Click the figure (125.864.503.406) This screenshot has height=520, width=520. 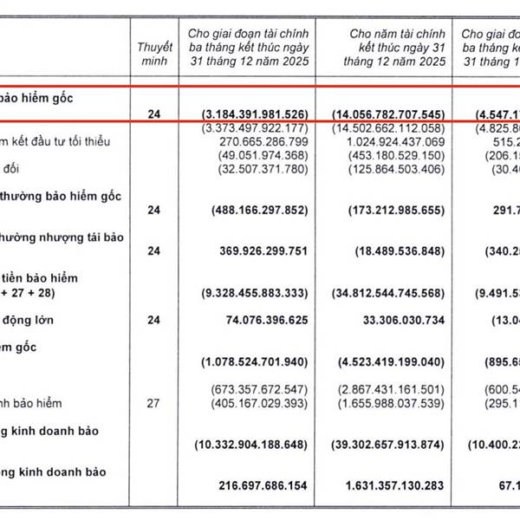click(389, 169)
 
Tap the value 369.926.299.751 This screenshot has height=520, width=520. click(257, 250)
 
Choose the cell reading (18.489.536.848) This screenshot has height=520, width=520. click(389, 250)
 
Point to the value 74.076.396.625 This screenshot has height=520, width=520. click(262, 320)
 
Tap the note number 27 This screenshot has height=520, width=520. click(155, 403)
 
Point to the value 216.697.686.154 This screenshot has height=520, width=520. click(257, 484)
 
